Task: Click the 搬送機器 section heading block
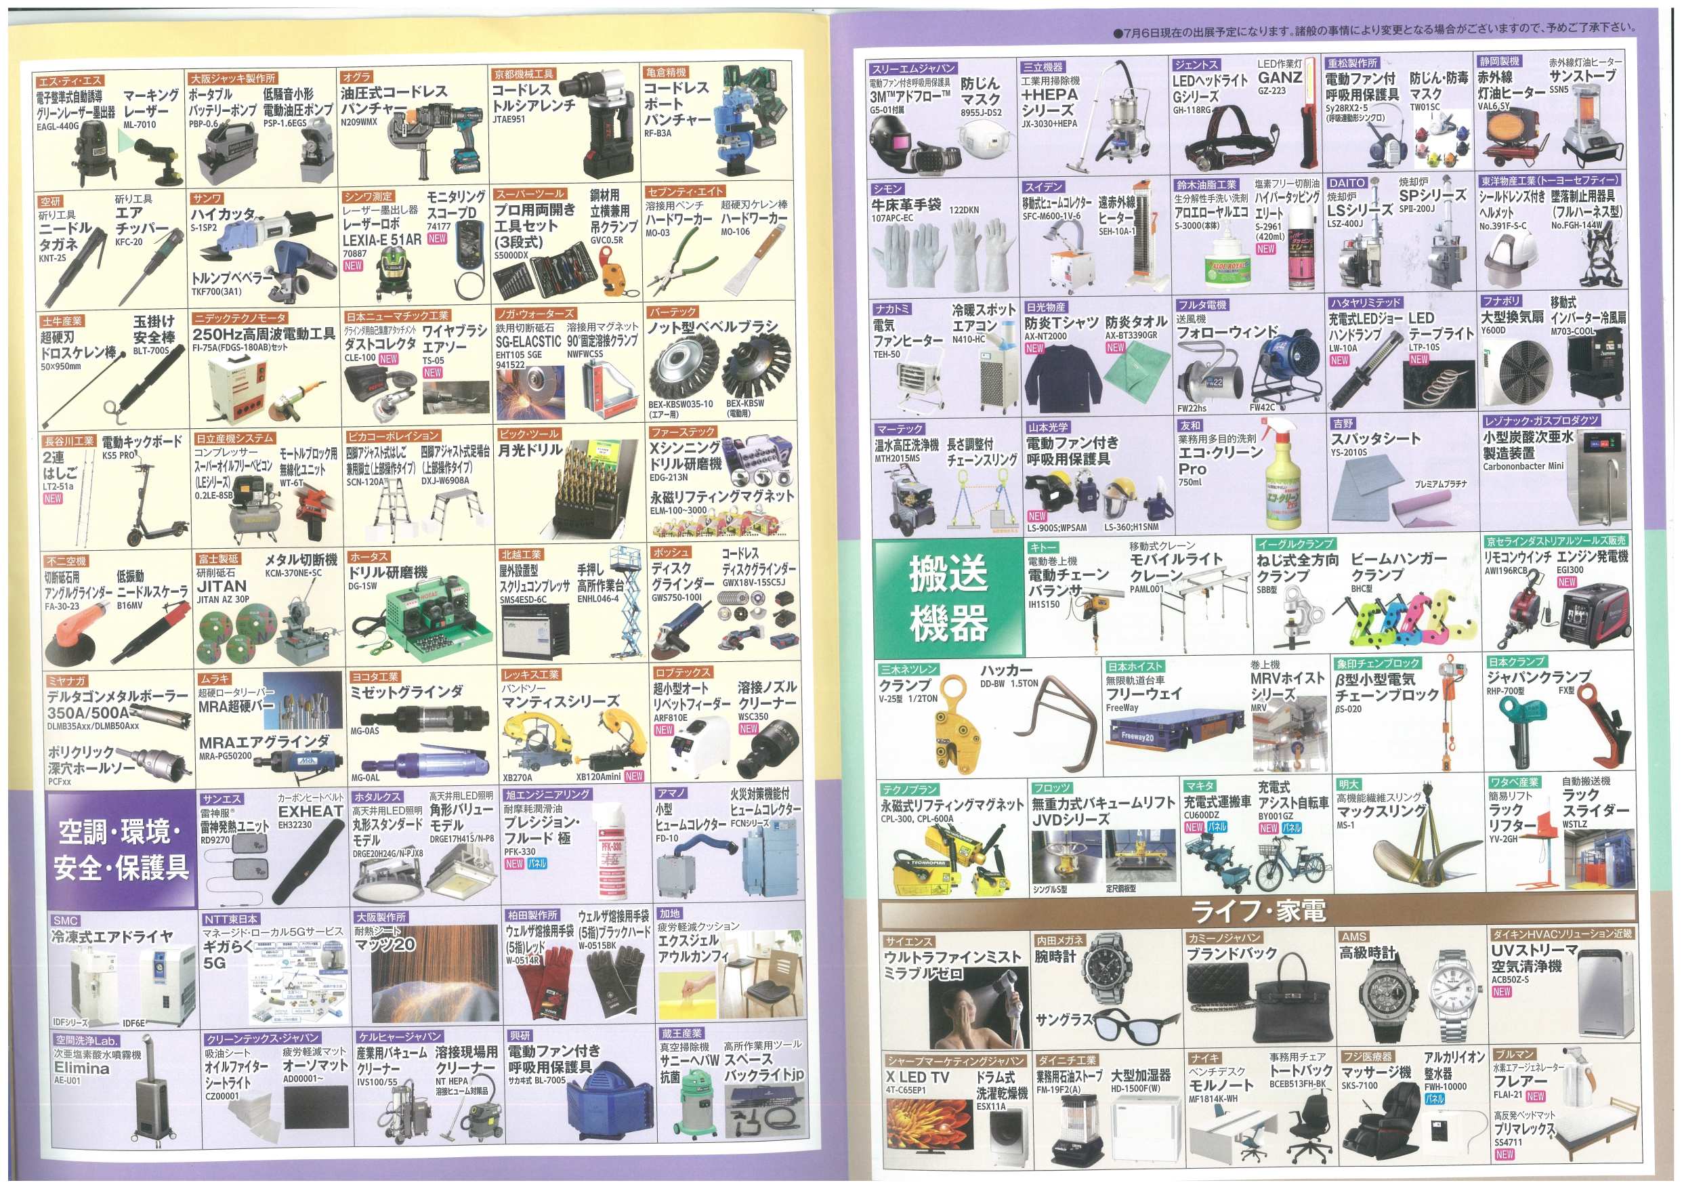coord(948,596)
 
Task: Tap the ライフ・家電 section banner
coord(1257,911)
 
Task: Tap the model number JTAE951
coord(509,119)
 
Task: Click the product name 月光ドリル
coord(530,450)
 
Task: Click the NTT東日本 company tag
coord(230,919)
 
